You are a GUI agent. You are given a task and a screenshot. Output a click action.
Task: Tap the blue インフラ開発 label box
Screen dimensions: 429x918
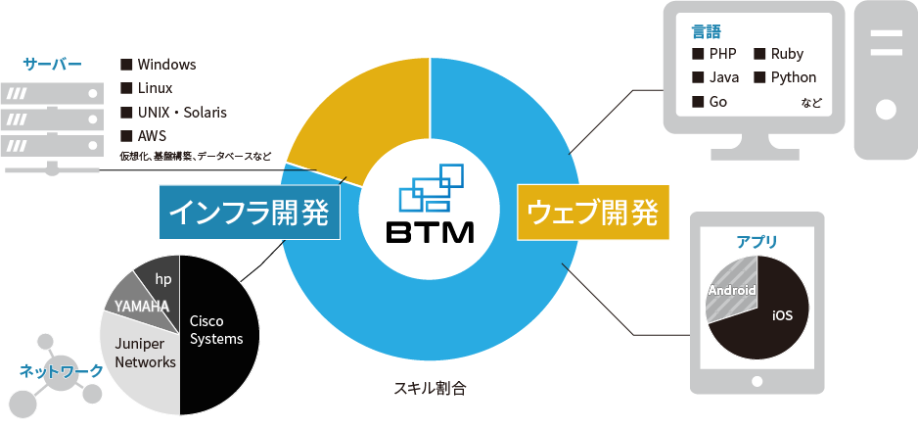click(249, 213)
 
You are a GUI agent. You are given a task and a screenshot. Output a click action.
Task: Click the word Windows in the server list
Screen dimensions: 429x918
click(166, 65)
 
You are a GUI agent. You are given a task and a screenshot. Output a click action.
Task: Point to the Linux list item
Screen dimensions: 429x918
click(156, 88)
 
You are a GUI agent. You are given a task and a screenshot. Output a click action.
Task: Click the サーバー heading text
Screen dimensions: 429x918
click(53, 65)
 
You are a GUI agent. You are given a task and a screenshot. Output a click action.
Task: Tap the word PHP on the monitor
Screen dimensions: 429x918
click(722, 54)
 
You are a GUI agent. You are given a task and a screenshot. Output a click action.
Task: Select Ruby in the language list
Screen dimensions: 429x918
click(787, 54)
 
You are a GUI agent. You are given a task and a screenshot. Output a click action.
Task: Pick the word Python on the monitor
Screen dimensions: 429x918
click(793, 77)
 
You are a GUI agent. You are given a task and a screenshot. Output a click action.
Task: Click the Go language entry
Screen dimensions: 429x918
click(717, 102)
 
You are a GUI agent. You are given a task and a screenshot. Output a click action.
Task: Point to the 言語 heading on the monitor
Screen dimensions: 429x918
click(706, 30)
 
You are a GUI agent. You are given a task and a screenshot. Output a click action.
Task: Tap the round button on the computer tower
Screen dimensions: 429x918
click(885, 109)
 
